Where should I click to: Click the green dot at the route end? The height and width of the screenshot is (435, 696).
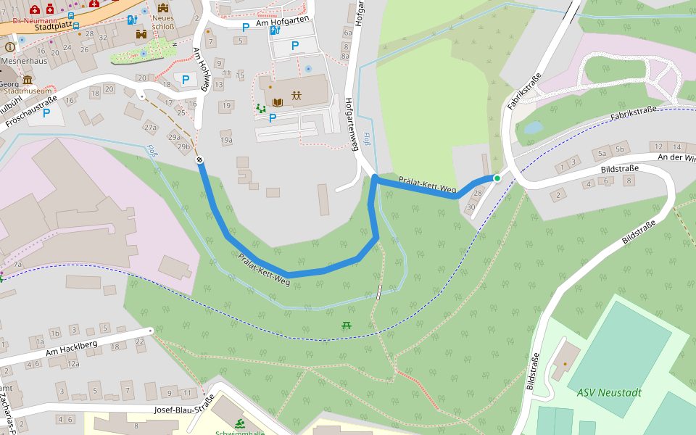tap(497, 178)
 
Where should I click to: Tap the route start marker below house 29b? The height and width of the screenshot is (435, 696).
tap(199, 159)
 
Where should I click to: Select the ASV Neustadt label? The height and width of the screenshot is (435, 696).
tap(609, 392)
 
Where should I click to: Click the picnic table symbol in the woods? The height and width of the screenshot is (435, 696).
tap(347, 326)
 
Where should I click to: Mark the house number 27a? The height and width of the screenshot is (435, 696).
tap(150, 128)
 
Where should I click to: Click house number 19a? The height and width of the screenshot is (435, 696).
tap(226, 140)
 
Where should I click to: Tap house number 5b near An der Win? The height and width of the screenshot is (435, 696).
tap(620, 149)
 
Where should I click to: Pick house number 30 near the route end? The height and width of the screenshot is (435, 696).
tap(471, 207)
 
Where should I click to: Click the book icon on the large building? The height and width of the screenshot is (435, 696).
tap(277, 103)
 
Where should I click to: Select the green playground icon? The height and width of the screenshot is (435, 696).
tap(261, 109)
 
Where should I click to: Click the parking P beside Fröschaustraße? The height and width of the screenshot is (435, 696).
tap(46, 113)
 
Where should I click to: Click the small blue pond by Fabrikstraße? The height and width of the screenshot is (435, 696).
tap(533, 128)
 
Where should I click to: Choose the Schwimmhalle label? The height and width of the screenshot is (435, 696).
tap(239, 433)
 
